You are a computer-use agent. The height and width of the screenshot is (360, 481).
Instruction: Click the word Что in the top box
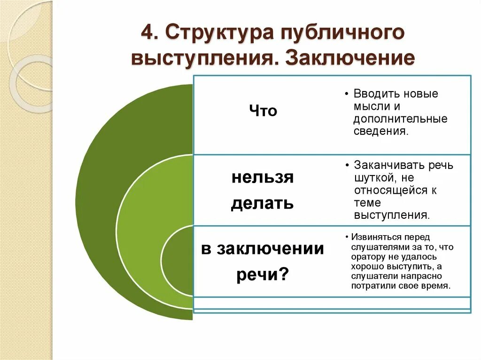pyautogui.click(x=263, y=111)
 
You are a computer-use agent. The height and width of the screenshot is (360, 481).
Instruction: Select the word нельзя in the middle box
pyautogui.click(x=263, y=178)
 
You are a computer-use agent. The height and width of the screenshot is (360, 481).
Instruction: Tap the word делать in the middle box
pyautogui.click(x=262, y=203)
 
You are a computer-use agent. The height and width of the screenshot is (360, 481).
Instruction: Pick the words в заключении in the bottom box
pyautogui.click(x=263, y=248)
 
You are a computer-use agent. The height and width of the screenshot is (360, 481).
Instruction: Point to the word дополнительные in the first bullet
pyautogui.click(x=400, y=119)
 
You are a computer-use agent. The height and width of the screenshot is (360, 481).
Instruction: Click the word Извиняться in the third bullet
pyautogui.click(x=373, y=237)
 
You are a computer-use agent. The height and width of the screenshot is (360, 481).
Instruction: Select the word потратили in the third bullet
pyautogui.click(x=372, y=285)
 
